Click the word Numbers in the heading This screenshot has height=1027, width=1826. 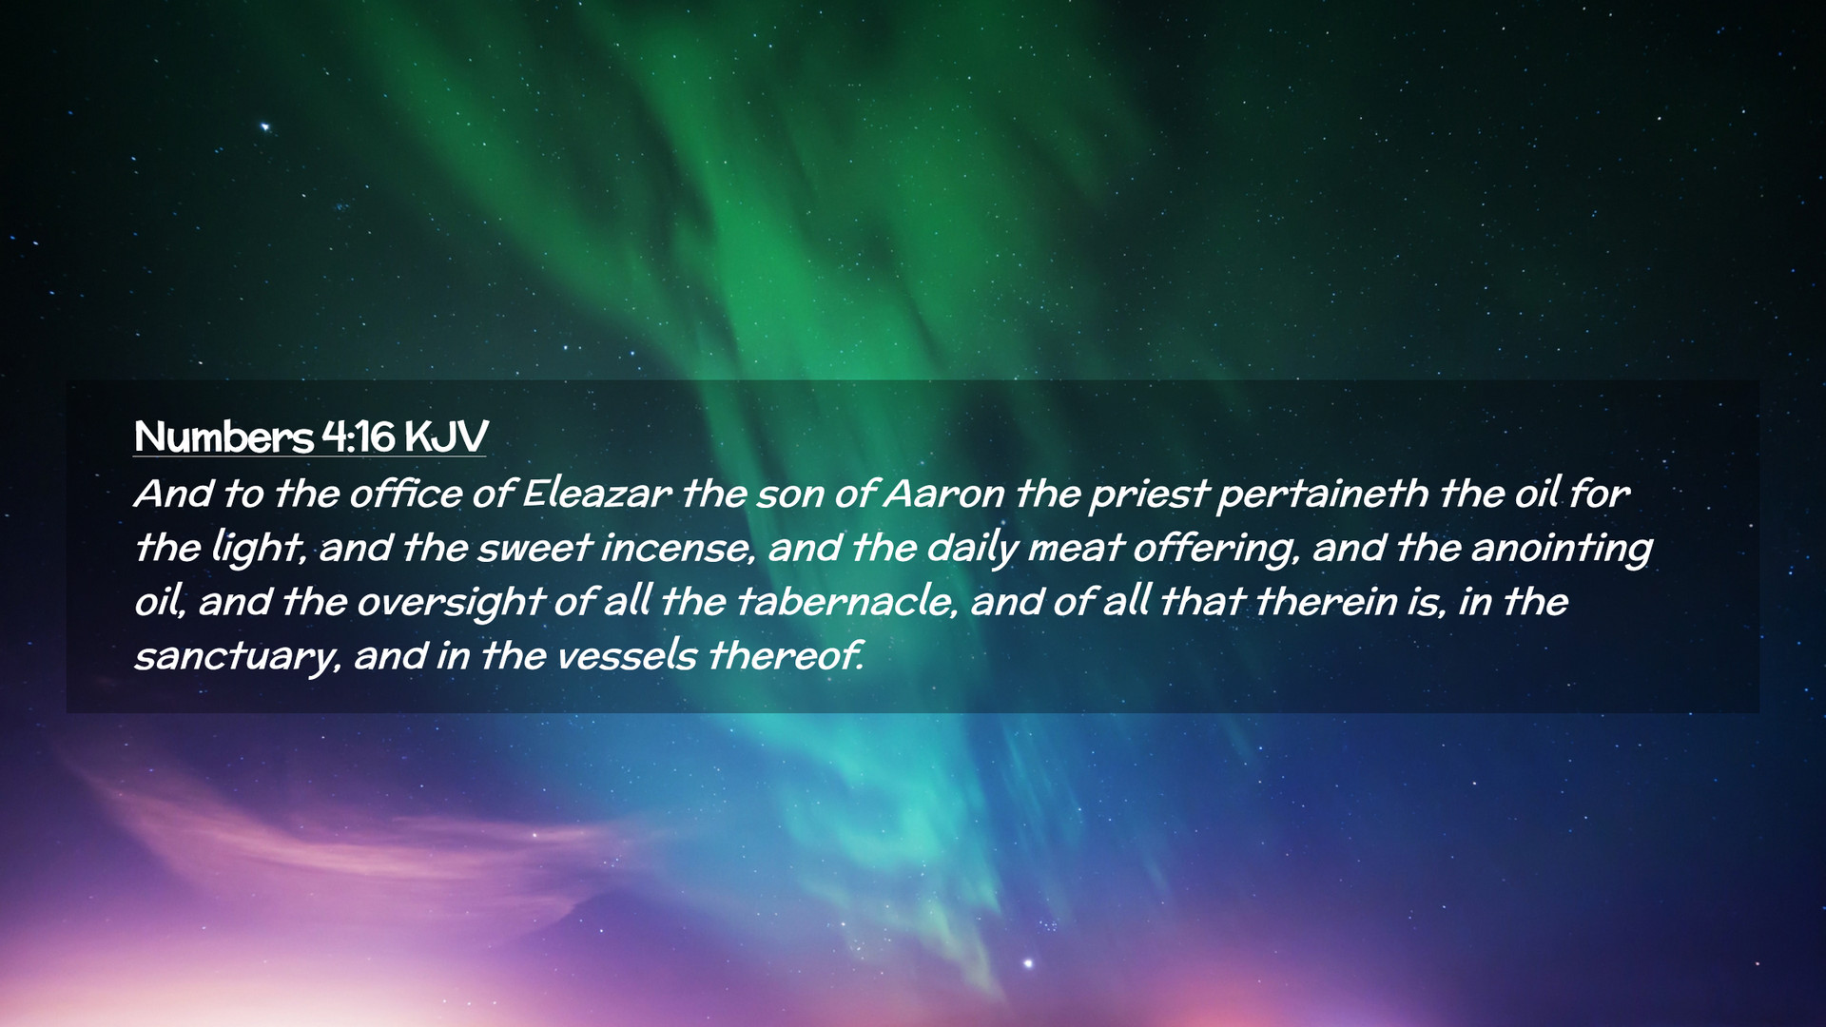tap(223, 436)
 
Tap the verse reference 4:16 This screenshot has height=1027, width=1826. tap(358, 436)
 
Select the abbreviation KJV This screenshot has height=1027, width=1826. tap(445, 436)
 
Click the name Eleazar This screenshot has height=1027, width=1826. tap(597, 494)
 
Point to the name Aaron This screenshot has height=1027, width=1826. tap(943, 494)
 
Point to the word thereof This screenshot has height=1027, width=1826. tap(786, 656)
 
